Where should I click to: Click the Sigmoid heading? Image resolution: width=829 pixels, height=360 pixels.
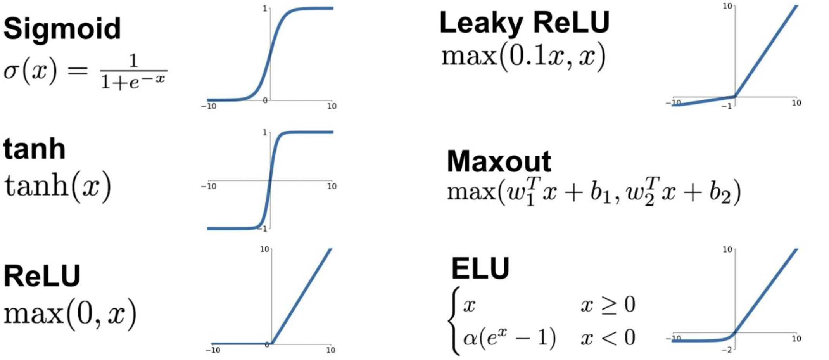[62, 29]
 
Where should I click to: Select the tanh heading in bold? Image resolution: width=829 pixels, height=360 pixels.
[34, 149]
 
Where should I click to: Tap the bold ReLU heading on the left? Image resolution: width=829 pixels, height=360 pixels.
[42, 276]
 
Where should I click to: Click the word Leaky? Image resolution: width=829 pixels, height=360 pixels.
[481, 22]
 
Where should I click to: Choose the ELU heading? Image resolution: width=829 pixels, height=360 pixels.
[480, 268]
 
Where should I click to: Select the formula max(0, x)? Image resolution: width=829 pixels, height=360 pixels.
[70, 314]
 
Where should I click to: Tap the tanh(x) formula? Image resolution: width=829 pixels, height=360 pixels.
[58, 186]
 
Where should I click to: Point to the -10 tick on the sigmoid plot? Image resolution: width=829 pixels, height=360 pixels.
[209, 106]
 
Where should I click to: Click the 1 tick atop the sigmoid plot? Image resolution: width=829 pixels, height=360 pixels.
[265, 9]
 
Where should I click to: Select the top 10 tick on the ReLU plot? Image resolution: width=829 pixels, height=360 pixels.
[264, 249]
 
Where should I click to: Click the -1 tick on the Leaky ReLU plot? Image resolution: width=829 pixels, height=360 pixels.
[727, 106]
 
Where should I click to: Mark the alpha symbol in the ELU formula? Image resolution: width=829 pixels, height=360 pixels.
[470, 337]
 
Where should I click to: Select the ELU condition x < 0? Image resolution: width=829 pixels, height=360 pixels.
[608, 337]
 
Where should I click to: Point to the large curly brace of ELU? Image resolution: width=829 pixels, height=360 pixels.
[454, 321]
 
